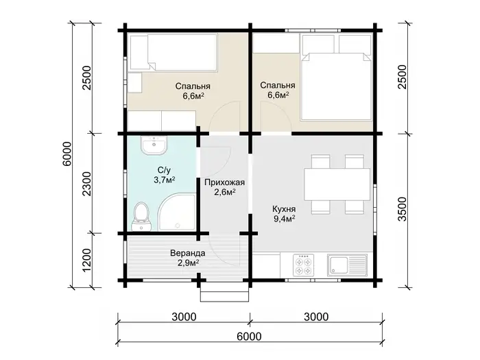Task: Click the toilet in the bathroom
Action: (x=141, y=217)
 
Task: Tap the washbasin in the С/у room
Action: (x=154, y=145)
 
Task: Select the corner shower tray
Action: (x=178, y=212)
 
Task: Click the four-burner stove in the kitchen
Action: (x=303, y=265)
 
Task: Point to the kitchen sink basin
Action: (x=338, y=265)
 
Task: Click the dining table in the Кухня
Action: (x=337, y=184)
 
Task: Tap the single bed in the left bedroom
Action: (x=173, y=53)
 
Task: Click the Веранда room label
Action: (x=188, y=254)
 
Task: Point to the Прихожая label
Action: (x=225, y=182)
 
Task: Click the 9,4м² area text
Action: (x=284, y=219)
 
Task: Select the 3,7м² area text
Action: (x=165, y=180)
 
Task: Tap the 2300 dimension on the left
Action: (x=87, y=184)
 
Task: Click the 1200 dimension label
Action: (x=87, y=260)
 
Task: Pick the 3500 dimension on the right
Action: (x=403, y=209)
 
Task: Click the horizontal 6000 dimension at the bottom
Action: (x=250, y=337)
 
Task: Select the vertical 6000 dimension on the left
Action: (x=67, y=154)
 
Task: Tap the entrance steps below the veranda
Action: (x=224, y=294)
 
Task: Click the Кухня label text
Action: (x=284, y=209)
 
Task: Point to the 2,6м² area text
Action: (x=225, y=192)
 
